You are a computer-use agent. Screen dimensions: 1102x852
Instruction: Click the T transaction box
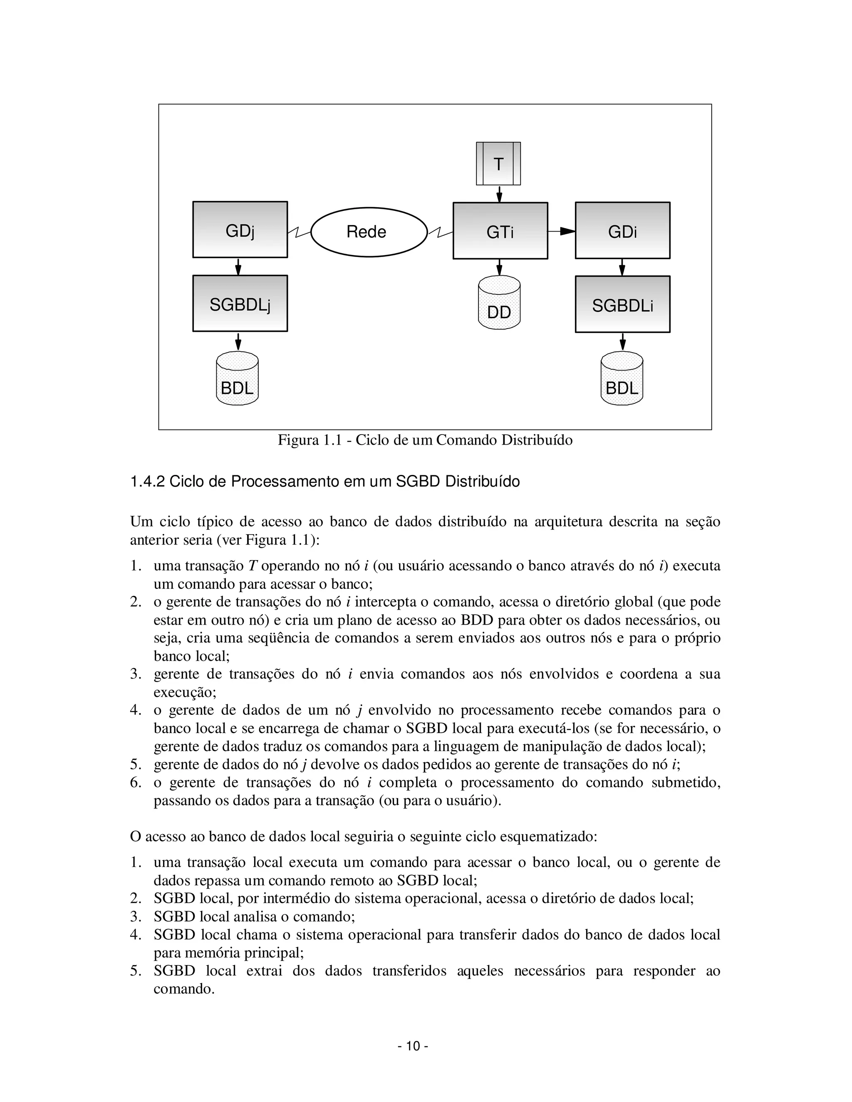[498, 163]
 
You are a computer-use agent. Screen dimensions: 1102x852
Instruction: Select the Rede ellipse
[369, 232]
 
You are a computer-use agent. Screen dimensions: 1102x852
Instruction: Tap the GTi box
[500, 231]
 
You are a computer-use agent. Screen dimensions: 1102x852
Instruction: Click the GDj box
[240, 230]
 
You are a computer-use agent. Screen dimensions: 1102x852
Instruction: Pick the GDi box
[622, 231]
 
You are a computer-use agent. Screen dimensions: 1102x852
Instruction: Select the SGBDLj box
[240, 303]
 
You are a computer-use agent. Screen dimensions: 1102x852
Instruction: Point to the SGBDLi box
[622, 304]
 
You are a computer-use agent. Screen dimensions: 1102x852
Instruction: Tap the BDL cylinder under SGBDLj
[237, 379]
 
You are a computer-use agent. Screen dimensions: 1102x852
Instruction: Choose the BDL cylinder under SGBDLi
[622, 379]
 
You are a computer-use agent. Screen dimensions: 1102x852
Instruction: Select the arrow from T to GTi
[499, 194]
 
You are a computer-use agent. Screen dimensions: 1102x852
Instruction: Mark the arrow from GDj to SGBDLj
[238, 267]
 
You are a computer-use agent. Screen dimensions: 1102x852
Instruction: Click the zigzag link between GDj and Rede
[299, 232]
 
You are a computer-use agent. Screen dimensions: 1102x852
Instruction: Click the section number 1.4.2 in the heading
[147, 482]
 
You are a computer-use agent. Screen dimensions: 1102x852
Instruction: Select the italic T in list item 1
[253, 566]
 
